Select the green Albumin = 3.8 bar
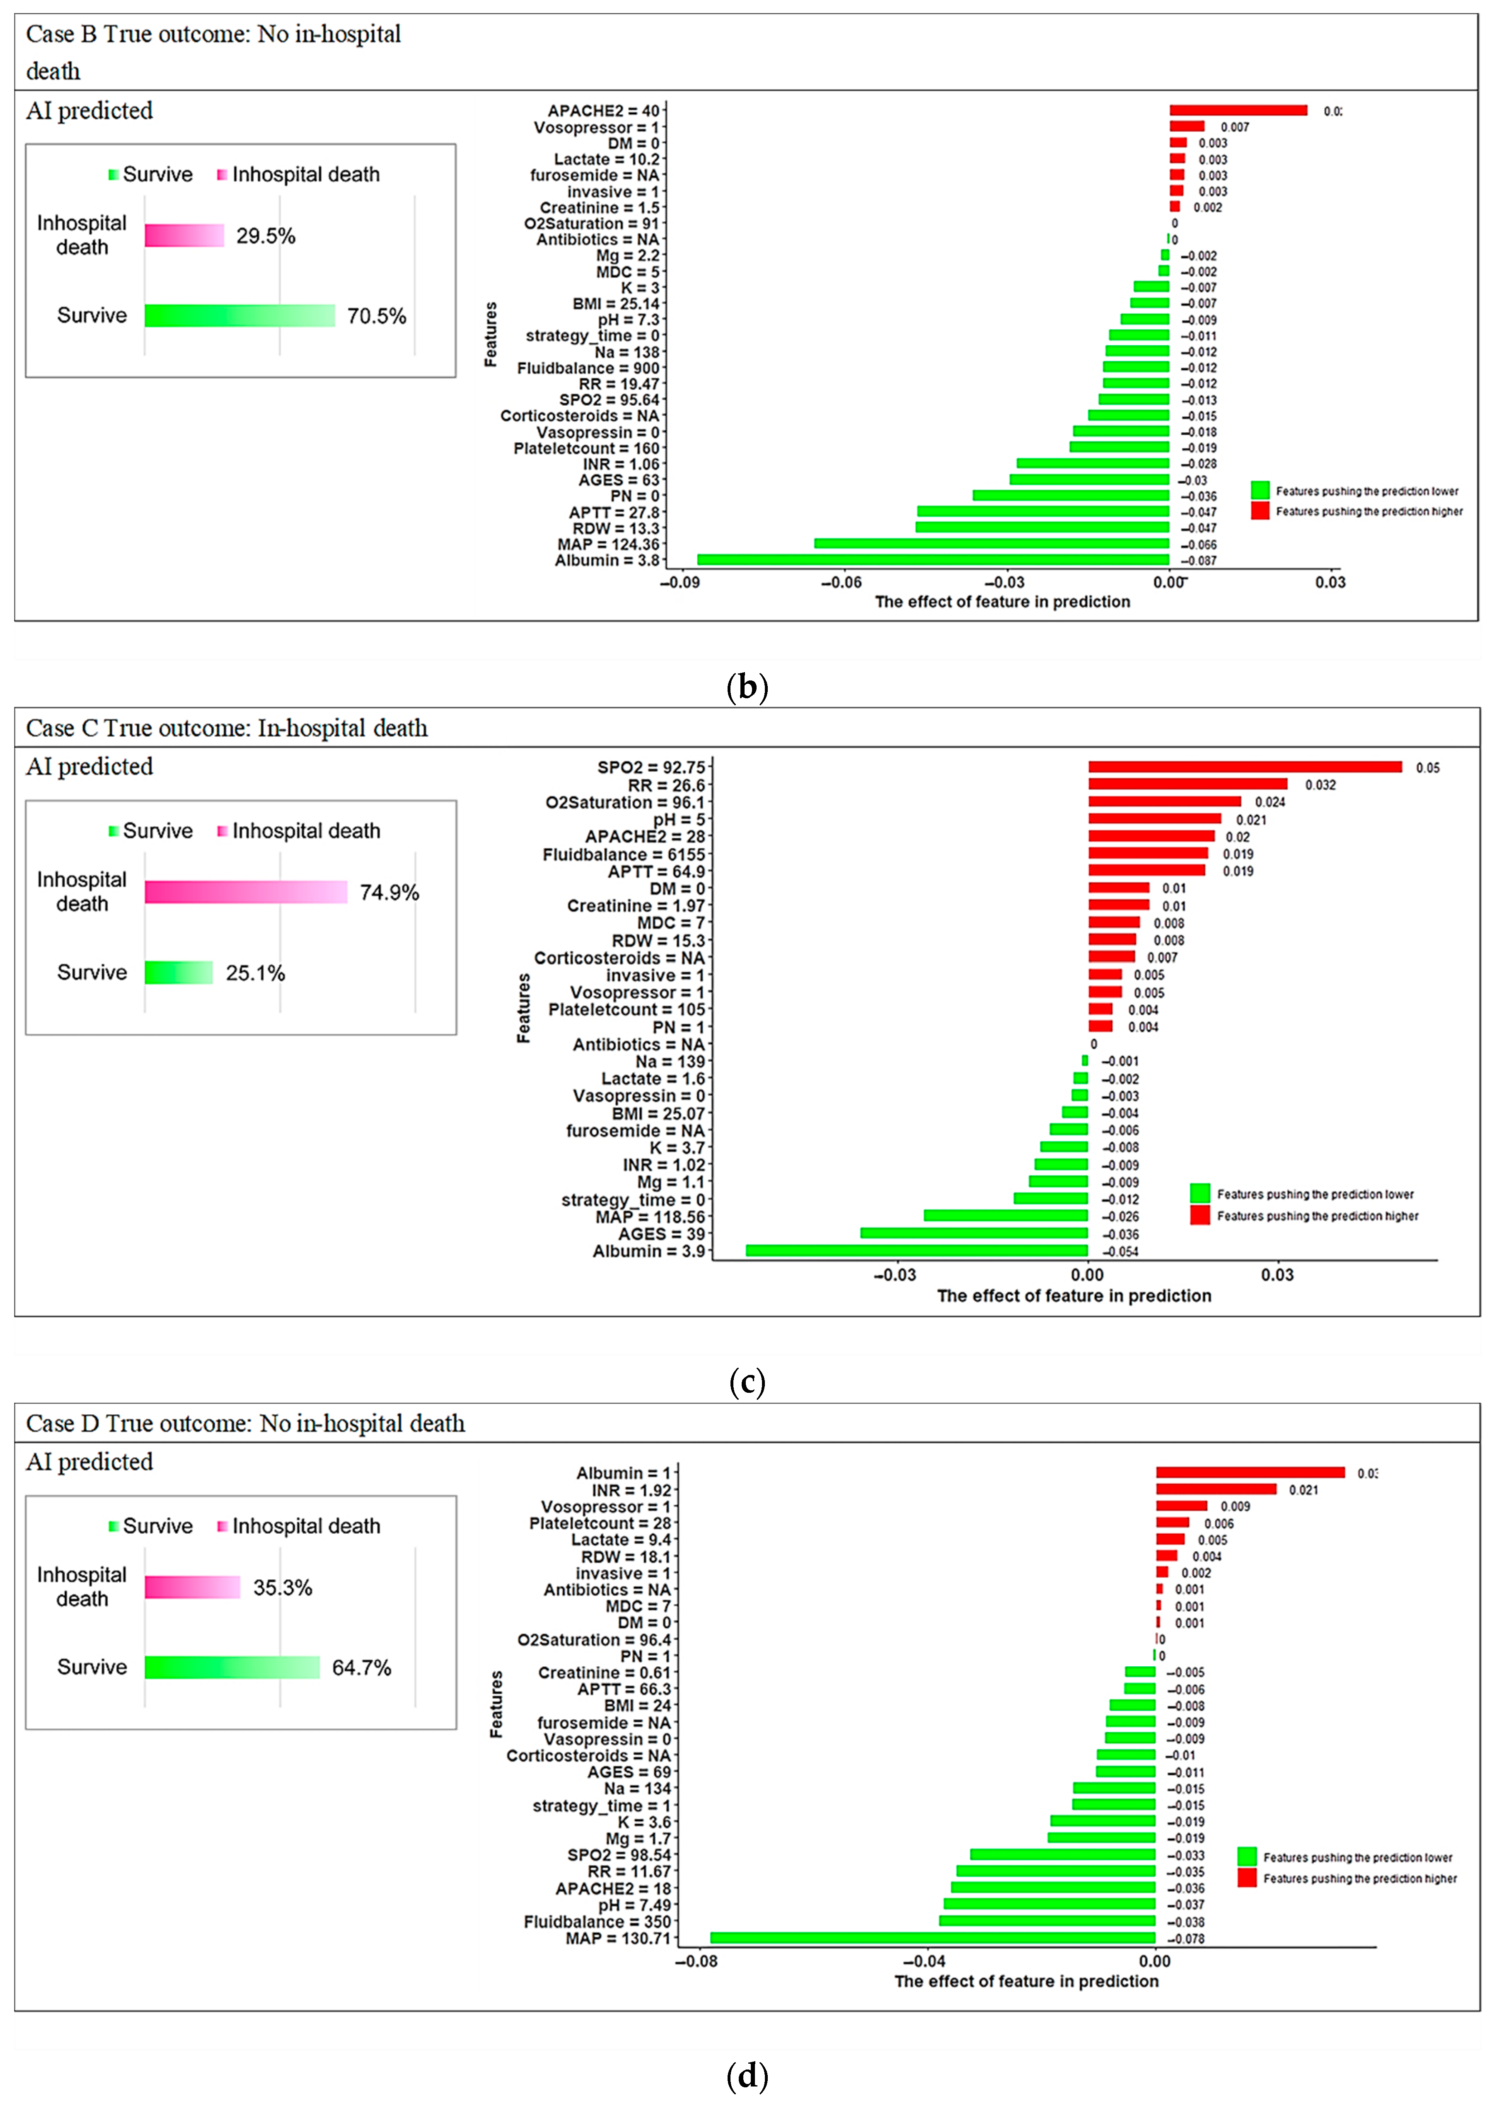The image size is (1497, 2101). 933,559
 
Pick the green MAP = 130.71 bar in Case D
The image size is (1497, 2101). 933,1938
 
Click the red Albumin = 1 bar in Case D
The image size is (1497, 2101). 1250,1472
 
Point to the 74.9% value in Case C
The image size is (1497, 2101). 389,892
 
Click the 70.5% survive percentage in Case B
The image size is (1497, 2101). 376,316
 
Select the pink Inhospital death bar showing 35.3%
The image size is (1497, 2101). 192,1588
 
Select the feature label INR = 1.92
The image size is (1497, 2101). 631,1490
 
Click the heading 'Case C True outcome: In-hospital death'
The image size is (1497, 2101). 227,728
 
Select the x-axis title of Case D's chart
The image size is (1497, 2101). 1026,1981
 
